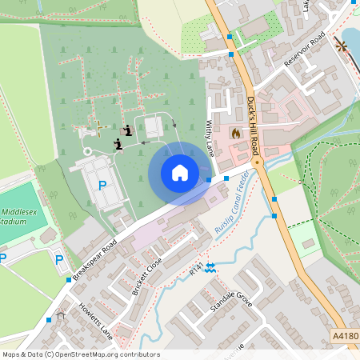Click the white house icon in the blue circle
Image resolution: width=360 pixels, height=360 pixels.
179,173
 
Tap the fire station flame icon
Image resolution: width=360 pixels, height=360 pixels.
235,133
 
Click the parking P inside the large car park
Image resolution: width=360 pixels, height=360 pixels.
102,186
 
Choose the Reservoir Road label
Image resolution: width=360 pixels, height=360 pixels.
306,50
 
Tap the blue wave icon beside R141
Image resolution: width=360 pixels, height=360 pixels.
210,268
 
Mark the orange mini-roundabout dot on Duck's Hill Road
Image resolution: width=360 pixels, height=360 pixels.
257,162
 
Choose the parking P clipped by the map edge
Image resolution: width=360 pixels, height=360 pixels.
2,258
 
